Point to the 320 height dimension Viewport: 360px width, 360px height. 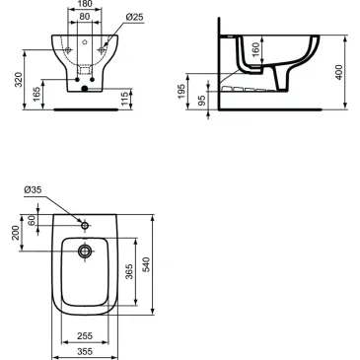point(12,79)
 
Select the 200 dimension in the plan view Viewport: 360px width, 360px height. point(15,232)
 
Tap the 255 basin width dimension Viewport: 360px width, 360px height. point(85,334)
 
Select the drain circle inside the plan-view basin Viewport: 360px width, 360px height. point(86,253)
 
